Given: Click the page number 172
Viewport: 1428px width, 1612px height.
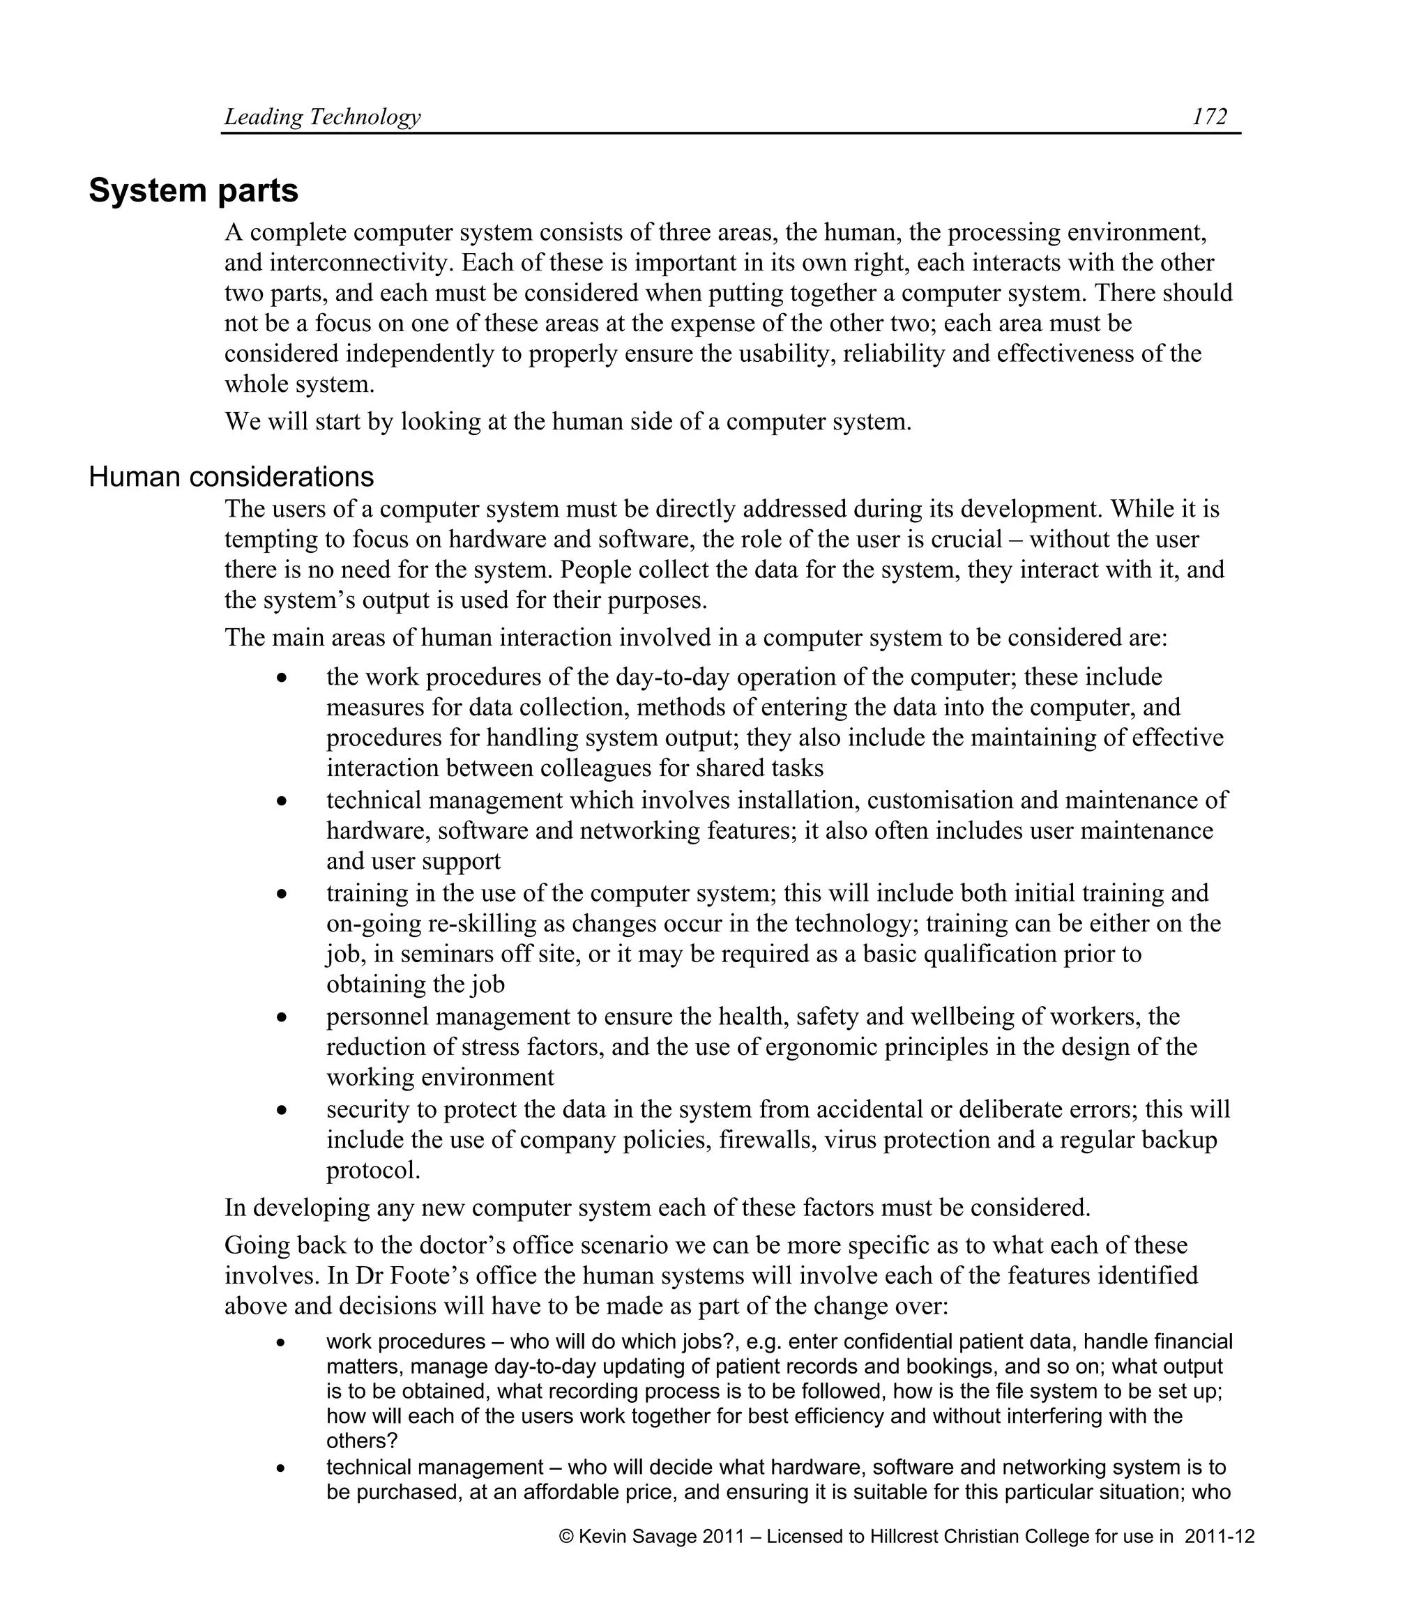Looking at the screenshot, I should point(1209,116).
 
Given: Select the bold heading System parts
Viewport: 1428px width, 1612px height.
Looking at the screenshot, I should point(193,190).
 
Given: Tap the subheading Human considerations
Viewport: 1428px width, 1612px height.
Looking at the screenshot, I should point(231,476).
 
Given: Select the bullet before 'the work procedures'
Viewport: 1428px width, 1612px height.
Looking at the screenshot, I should point(282,678).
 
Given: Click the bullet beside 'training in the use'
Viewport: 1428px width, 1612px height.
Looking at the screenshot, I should point(282,894).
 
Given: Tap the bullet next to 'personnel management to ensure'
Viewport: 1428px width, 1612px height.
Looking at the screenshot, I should point(282,1017).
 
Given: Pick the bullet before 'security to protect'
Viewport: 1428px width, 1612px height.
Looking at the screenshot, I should point(282,1109).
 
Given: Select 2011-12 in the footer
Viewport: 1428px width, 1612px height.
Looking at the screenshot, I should point(1219,1536).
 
